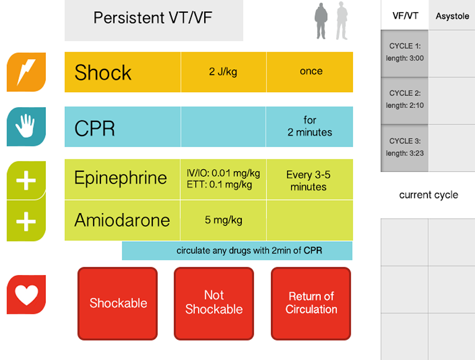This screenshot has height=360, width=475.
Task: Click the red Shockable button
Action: (118, 304)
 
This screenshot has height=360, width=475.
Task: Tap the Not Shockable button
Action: (214, 304)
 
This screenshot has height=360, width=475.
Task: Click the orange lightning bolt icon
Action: (26, 72)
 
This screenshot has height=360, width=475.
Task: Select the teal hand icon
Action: (26, 127)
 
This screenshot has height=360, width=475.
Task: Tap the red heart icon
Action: (26, 295)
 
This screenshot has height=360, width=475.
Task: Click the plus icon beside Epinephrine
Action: (26, 181)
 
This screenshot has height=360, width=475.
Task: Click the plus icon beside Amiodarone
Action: (26, 221)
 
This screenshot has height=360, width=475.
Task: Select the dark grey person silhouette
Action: (321, 21)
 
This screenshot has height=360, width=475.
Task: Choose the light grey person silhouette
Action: (342, 21)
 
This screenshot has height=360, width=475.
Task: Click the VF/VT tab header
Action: (405, 15)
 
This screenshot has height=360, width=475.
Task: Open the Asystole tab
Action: (452, 15)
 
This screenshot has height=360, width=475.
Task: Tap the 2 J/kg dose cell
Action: (224, 72)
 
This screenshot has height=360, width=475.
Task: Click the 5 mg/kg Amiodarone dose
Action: (224, 220)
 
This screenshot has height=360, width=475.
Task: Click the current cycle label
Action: (429, 195)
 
